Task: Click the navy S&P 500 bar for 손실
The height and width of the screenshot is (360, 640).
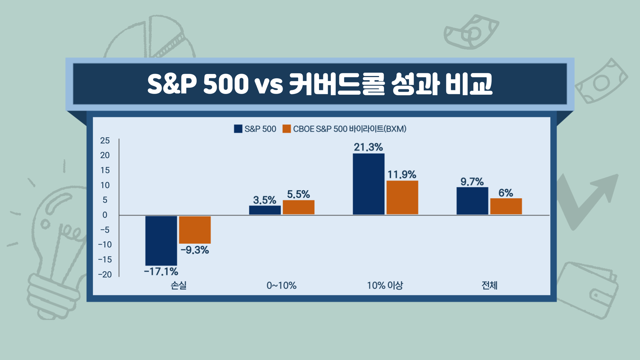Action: pos(161,241)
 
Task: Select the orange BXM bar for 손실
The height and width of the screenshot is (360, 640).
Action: pos(195,230)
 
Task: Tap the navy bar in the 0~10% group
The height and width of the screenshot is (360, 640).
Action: pos(265,210)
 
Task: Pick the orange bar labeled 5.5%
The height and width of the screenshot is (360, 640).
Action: pos(298,207)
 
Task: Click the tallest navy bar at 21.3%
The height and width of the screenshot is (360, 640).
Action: pos(368,184)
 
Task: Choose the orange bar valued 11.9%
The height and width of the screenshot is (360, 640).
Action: pos(402,198)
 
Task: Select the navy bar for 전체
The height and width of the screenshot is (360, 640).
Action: pos(472,201)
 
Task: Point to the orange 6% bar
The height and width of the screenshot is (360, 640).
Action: pos(506,206)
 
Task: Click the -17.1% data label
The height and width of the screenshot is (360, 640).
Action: pos(161,272)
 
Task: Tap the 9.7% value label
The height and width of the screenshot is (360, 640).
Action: pos(472,182)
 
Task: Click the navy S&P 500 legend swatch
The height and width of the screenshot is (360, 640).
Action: pos(238,129)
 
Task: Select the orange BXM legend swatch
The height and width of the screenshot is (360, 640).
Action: pos(287,129)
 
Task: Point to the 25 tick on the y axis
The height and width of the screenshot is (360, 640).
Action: pos(105,141)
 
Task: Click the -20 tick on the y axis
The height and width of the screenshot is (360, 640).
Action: pos(105,275)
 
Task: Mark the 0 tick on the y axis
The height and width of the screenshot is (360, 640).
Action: pos(105,215)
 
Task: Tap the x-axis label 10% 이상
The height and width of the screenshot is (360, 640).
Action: pos(385,285)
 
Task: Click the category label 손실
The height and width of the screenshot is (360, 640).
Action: pos(179,285)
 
